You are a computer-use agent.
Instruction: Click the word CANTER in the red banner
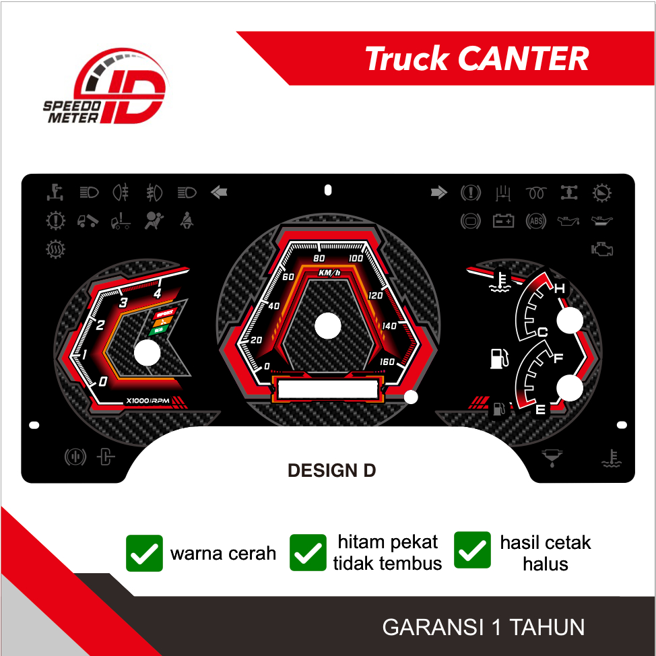[523, 59]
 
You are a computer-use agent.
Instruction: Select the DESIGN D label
[331, 471]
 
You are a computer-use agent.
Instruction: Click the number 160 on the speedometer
[387, 362]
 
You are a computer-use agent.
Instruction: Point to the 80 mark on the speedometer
[319, 259]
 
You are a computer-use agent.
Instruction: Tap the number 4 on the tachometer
[158, 293]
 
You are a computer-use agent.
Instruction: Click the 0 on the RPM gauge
[102, 382]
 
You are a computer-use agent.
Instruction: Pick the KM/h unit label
[330, 273]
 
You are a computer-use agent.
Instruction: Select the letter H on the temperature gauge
[559, 289]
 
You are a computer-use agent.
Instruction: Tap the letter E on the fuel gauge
[540, 409]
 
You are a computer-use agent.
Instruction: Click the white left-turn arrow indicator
[219, 193]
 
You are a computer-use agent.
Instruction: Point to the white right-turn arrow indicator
[439, 193]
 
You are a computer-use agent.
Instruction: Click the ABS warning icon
[536, 220]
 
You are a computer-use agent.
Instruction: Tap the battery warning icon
[503, 220]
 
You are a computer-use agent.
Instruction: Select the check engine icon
[601, 249]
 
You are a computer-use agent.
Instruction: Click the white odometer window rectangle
[327, 389]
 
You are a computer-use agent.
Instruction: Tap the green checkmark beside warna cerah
[144, 553]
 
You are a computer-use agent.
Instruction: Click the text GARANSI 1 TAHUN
[484, 627]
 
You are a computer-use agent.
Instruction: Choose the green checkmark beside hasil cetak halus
[473, 550]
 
